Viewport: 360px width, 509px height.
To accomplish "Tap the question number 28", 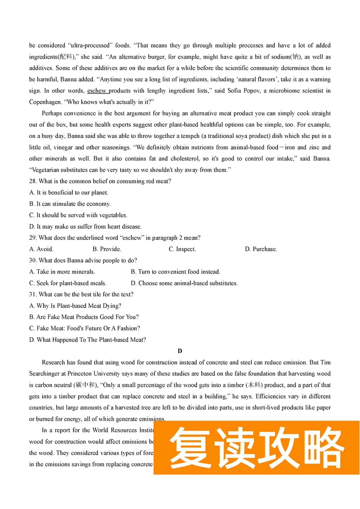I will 32,181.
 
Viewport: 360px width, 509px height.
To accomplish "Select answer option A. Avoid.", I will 41,249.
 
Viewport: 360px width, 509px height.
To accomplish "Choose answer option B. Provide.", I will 107,249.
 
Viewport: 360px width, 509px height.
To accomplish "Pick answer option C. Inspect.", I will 182,249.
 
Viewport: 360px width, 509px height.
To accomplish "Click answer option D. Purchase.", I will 261,249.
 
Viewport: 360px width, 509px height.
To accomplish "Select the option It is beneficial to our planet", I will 69,193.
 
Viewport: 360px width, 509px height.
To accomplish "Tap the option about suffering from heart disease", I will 85,226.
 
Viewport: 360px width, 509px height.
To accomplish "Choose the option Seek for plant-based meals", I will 68,283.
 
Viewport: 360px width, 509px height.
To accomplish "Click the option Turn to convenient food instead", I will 175,272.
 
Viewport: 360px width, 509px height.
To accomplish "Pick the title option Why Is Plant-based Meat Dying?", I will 75,306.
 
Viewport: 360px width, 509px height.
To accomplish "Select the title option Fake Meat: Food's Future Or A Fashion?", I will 85,328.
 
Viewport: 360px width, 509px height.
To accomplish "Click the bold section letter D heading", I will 180,351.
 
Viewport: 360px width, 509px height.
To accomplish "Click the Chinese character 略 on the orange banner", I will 323,447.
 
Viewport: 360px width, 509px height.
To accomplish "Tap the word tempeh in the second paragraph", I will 190,136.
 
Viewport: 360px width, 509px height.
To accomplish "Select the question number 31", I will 32,294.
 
